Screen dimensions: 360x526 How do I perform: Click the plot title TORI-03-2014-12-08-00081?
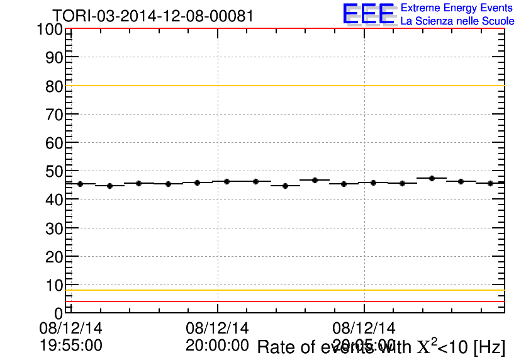click(153, 16)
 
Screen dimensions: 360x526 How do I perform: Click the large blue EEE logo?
click(369, 14)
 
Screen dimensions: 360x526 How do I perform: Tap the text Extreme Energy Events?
click(457, 8)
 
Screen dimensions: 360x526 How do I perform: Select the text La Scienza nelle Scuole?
click(457, 21)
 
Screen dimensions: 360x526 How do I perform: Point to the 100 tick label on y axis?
click(50, 30)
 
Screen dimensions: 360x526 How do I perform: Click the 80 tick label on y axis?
click(54, 86)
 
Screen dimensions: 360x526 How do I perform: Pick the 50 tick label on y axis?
click(54, 171)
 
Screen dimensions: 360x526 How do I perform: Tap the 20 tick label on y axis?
click(54, 257)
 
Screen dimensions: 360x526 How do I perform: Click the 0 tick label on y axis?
click(59, 313)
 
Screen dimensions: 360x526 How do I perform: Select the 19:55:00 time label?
click(70, 346)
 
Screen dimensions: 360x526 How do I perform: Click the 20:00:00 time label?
click(217, 346)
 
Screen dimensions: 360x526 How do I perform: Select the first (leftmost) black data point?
click(80, 184)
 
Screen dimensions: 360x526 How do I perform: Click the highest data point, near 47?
click(432, 178)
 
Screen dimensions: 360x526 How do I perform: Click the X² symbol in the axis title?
click(426, 346)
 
